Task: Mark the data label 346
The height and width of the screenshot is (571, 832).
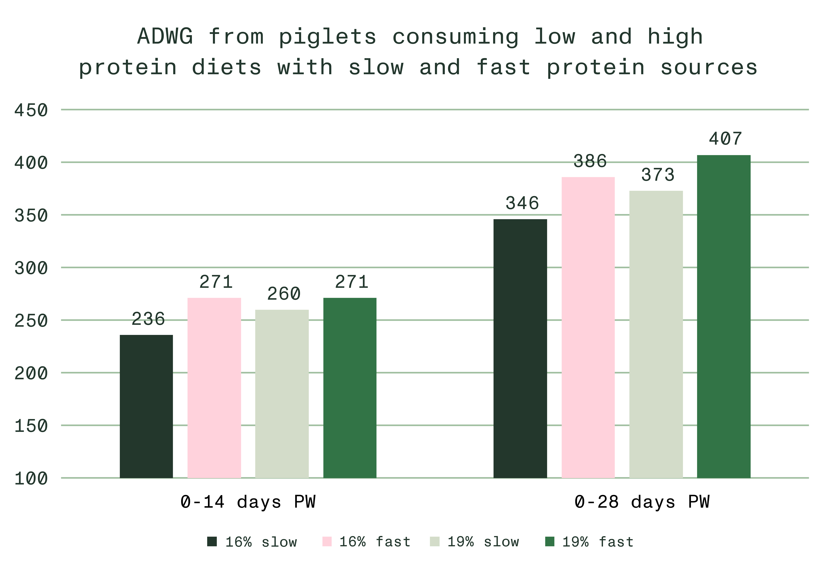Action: pyautogui.click(x=522, y=203)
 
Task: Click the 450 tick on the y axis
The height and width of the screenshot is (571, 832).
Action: pyautogui.click(x=31, y=110)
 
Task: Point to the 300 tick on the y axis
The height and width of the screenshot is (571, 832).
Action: pyautogui.click(x=31, y=268)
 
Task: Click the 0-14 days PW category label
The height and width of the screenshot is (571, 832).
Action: pyautogui.click(x=248, y=502)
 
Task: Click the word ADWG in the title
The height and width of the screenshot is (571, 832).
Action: pyautogui.click(x=165, y=37)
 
